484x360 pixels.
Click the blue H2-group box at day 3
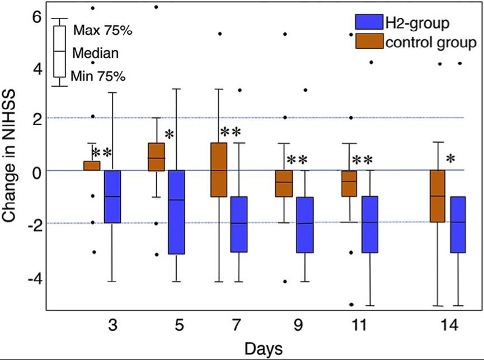[x=112, y=196]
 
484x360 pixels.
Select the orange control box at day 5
[x=156, y=157]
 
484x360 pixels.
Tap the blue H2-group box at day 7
[x=239, y=224]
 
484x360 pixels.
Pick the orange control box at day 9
[x=284, y=183]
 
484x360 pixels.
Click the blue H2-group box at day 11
[x=370, y=224]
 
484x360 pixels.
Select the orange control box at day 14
[x=436, y=196]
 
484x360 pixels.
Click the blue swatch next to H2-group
[x=368, y=23]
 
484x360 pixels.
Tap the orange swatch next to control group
[x=368, y=42]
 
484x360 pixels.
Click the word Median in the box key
[x=96, y=53]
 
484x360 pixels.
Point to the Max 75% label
[x=103, y=30]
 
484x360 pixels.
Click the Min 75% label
[x=98, y=76]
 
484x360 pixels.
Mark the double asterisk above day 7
[x=230, y=132]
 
